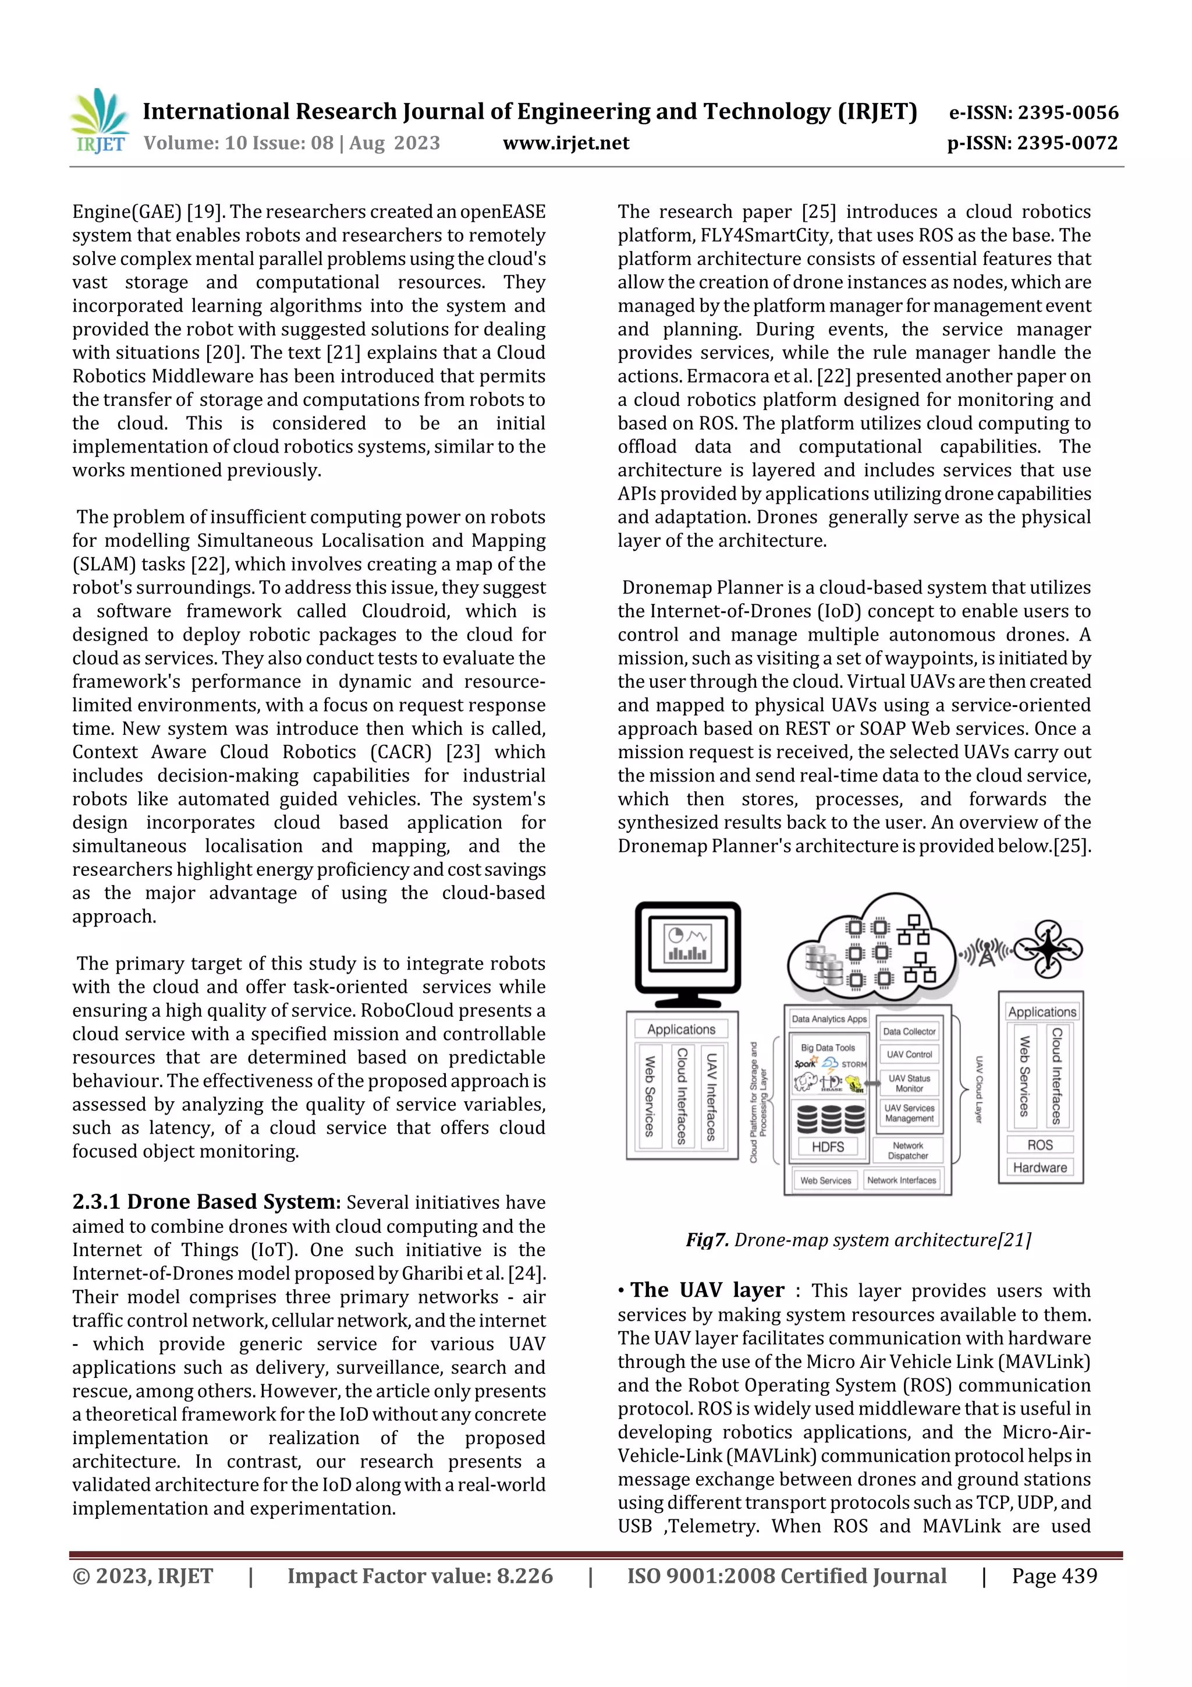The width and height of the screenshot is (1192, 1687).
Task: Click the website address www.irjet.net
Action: click(566, 143)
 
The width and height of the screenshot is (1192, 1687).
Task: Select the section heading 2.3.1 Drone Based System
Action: click(205, 1201)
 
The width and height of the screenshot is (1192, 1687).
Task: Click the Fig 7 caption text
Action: click(858, 1240)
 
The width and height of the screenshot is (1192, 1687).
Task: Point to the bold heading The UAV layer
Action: click(707, 1290)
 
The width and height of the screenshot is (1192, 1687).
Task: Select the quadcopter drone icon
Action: click(1048, 949)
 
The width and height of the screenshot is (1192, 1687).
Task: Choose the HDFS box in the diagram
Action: click(828, 1146)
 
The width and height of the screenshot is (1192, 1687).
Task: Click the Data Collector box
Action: click(909, 1032)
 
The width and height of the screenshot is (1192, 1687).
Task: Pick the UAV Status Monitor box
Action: click(909, 1083)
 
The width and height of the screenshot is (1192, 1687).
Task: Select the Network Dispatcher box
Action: click(908, 1151)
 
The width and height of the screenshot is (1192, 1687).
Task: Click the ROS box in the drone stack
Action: click(1040, 1145)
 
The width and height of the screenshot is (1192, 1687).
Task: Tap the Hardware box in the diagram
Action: click(1040, 1168)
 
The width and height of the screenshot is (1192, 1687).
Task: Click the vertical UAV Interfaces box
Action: click(711, 1097)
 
